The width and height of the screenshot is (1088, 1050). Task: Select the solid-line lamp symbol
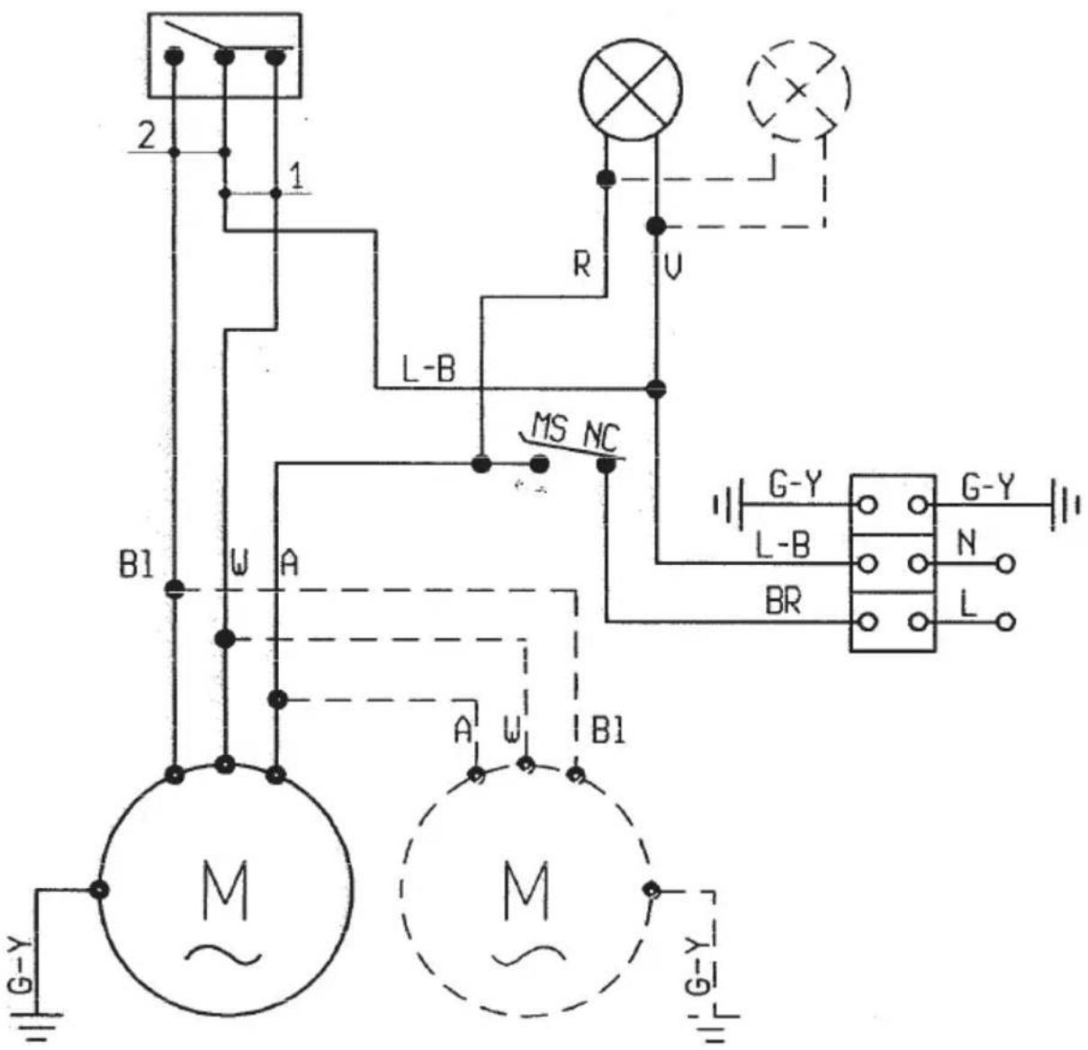coord(631,90)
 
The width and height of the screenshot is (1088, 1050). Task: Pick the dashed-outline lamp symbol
coord(799,91)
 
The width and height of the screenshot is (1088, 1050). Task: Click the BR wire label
coord(782,602)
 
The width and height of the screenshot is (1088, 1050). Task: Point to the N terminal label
coord(967,543)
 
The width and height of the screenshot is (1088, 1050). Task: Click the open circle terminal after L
coord(1004,622)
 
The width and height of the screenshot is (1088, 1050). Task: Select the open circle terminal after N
coord(1004,564)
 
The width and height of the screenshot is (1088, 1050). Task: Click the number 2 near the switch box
coord(147,135)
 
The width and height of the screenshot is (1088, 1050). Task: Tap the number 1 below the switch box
coord(297,176)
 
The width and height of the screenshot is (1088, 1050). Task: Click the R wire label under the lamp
coord(581,265)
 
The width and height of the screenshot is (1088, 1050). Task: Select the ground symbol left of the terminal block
coord(728,505)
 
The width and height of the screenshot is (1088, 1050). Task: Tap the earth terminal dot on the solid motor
coord(99,889)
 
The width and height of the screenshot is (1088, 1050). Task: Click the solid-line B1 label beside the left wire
coord(136,566)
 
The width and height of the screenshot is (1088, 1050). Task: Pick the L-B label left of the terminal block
coord(783,545)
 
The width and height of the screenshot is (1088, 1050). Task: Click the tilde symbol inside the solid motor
coord(223,954)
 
